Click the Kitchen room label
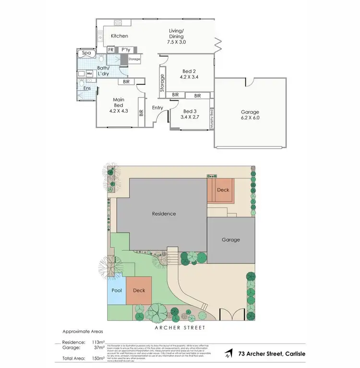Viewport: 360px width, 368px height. pyautogui.click(x=120, y=36)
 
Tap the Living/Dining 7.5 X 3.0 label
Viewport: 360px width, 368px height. pyautogui.click(x=177, y=36)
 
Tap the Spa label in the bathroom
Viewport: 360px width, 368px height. pyautogui.click(x=86, y=53)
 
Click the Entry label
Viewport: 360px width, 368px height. pyautogui.click(x=158, y=108)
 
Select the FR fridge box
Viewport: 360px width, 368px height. pyautogui.click(x=111, y=49)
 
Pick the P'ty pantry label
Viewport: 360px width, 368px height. pyautogui.click(x=126, y=49)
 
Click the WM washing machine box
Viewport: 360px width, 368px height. pyautogui.click(x=89, y=73)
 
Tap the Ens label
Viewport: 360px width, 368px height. pyautogui.click(x=86, y=88)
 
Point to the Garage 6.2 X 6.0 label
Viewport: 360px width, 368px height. pyautogui.click(x=250, y=114)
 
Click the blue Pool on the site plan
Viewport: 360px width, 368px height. pyautogui.click(x=117, y=290)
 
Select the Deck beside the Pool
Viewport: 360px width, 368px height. pyautogui.click(x=139, y=290)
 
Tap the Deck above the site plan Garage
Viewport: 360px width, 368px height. pyautogui.click(x=223, y=190)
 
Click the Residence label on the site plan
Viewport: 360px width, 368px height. pyautogui.click(x=164, y=214)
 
